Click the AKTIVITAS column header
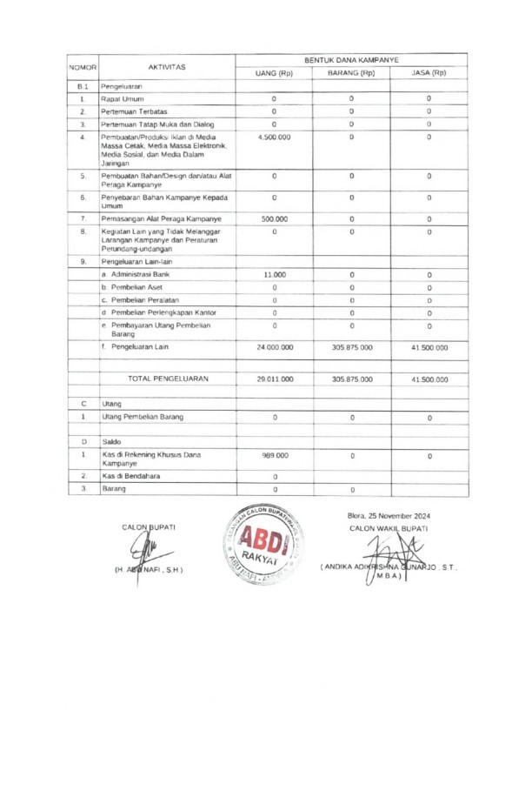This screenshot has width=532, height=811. point(167,66)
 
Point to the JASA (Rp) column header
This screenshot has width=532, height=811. point(429,73)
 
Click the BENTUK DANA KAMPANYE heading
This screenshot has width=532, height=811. point(351,59)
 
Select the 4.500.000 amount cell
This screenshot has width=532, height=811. point(274,137)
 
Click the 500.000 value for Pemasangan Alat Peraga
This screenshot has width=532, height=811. point(274,218)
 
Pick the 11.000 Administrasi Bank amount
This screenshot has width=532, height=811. point(274,274)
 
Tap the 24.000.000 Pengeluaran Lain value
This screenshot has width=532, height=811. point(274,347)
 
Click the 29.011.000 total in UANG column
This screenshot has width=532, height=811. point(274,379)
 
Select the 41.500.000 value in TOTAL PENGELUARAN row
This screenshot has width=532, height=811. point(429,379)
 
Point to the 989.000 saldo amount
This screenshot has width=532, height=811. point(274,455)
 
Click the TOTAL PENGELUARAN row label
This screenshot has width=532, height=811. point(168,379)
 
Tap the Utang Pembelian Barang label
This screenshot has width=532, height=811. point(143,418)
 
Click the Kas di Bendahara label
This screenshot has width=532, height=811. point(130,476)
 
